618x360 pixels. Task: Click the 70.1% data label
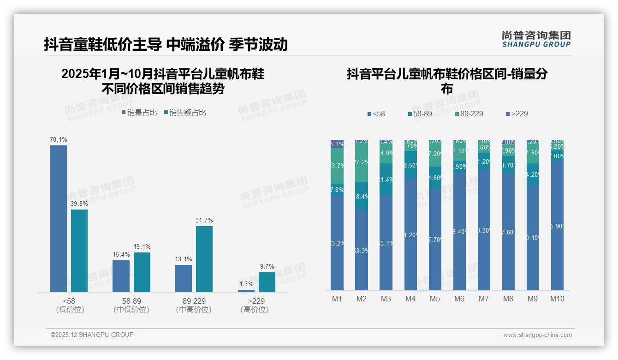click(59, 139)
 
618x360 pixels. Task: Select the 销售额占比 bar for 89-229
click(204, 259)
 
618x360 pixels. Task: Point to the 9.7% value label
click(267, 266)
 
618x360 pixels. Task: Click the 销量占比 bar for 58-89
click(121, 276)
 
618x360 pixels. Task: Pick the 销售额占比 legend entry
click(185, 113)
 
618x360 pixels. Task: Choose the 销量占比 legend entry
click(139, 113)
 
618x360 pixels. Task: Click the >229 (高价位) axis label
click(254, 305)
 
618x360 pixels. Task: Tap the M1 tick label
click(337, 299)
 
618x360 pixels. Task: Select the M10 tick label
click(557, 299)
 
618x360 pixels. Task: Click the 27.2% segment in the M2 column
click(362, 162)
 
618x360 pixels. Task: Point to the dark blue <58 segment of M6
click(459, 231)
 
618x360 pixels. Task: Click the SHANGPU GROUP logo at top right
click(536, 39)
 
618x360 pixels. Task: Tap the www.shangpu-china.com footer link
click(537, 335)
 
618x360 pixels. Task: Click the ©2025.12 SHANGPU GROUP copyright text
click(92, 335)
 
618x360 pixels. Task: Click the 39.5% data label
click(79, 204)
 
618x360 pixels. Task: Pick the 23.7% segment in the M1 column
click(337, 166)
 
